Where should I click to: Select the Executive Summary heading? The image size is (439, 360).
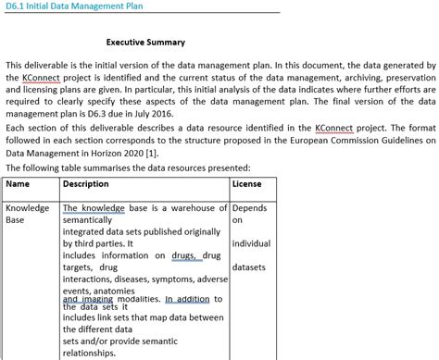pyautogui.click(x=145, y=43)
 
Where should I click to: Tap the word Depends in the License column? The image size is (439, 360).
pyautogui.click(x=251, y=208)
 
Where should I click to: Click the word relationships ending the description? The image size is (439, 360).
pyautogui.click(x=92, y=353)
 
